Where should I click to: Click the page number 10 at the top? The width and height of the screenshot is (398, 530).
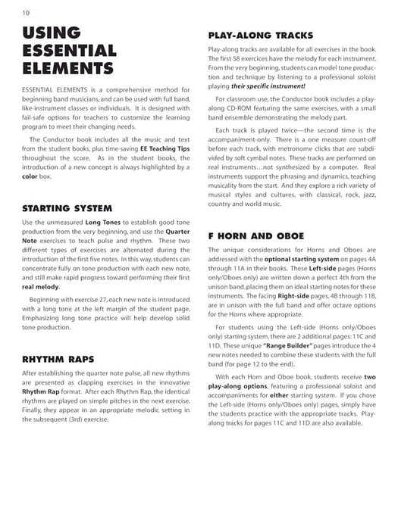coord(26,12)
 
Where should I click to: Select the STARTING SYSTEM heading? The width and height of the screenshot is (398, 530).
coord(67,208)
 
